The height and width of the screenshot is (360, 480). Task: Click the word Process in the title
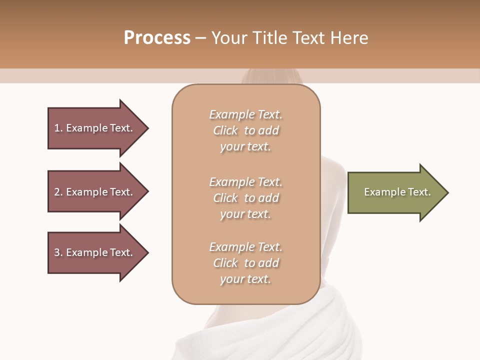coord(157,38)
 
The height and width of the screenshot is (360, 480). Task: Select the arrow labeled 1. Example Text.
coord(95,128)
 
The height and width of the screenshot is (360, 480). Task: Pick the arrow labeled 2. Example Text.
coord(95,192)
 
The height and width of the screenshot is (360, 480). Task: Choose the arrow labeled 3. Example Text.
coord(95,252)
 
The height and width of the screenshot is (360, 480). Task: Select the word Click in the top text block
coord(225,130)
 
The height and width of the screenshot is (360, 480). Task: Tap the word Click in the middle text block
coord(225,198)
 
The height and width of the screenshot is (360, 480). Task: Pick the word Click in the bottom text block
coord(225,263)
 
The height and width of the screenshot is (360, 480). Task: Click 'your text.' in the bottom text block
coord(245,279)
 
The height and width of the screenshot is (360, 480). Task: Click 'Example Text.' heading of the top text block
coord(245,114)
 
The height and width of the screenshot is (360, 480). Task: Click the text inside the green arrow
coord(397,192)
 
